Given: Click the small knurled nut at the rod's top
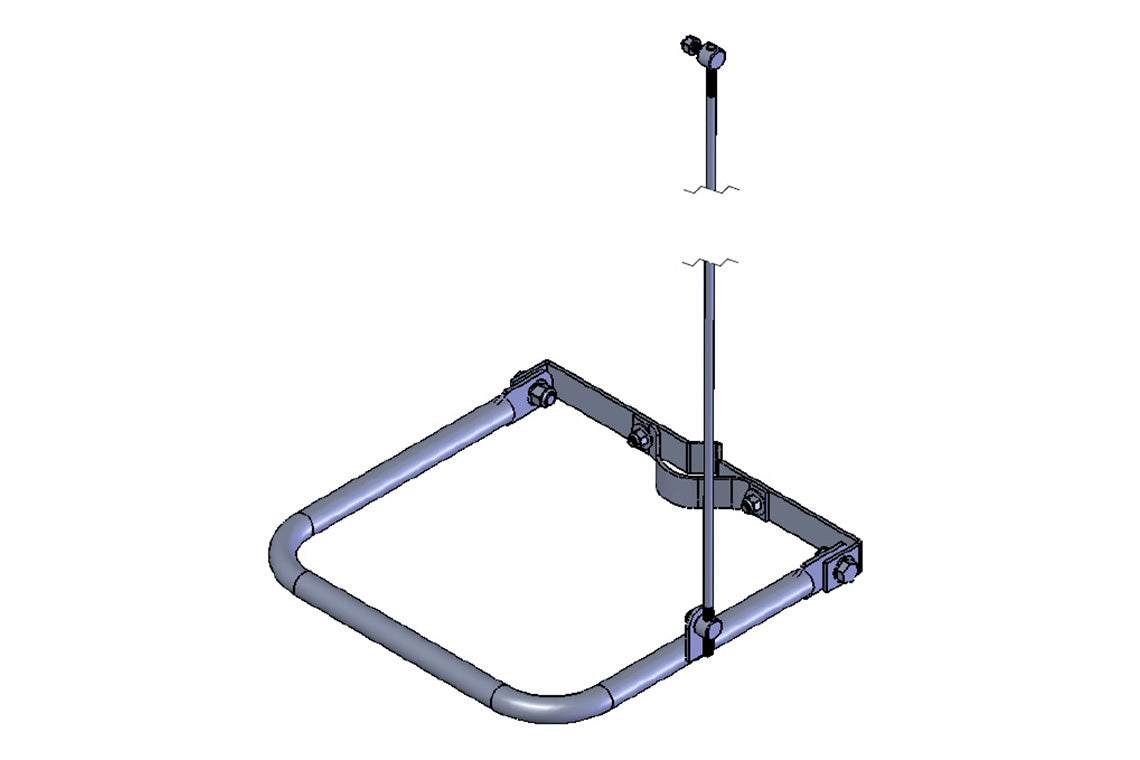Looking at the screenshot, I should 691,46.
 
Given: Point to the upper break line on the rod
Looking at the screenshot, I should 710,189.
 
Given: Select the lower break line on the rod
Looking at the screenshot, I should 710,263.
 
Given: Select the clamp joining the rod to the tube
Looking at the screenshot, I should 705,629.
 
